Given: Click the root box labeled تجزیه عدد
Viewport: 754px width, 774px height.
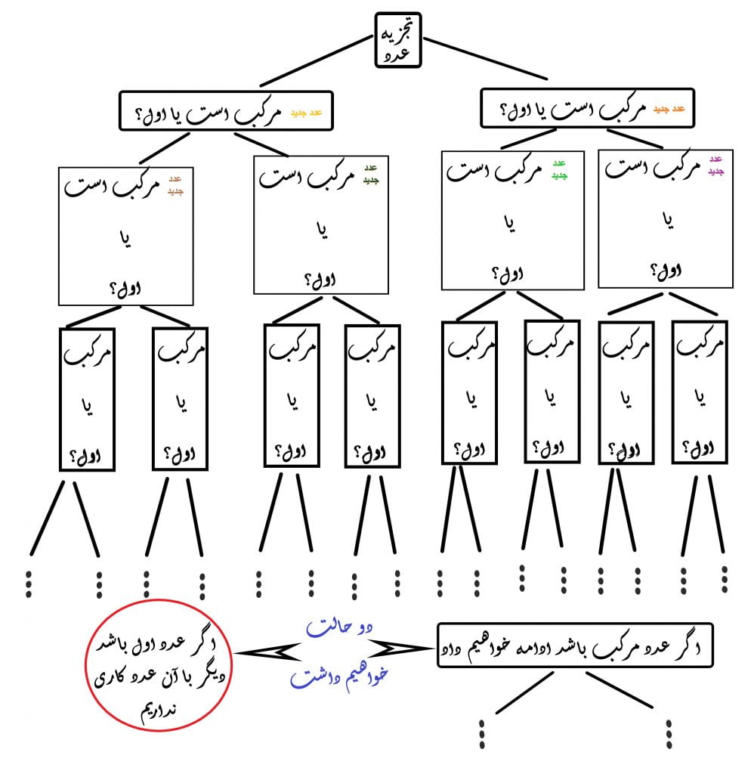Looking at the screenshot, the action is (397, 40).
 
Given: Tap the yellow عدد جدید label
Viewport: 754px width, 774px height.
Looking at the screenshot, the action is (307, 113).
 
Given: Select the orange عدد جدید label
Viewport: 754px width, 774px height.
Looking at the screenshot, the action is (669, 109).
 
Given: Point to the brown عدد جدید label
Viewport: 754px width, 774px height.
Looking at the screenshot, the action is (175, 185).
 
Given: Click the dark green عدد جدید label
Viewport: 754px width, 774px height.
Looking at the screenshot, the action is (371, 175).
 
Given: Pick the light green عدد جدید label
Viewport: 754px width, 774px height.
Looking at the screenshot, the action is (560, 169).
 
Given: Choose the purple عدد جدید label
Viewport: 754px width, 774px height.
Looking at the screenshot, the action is (716, 166).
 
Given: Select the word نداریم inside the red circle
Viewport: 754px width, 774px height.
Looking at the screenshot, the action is (159, 711).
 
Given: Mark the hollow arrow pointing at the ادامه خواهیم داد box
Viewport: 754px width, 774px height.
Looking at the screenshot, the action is (400, 649).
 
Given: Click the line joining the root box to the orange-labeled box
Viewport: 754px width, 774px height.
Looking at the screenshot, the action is (486, 58).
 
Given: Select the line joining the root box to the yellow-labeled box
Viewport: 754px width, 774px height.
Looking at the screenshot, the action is (317, 60).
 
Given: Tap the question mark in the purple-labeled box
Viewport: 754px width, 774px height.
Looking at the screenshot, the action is (654, 270).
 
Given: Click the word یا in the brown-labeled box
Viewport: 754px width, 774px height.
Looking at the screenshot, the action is (126, 240).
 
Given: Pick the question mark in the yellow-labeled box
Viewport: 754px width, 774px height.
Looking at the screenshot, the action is (140, 115).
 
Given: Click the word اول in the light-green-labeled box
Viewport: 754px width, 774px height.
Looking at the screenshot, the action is (513, 274).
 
